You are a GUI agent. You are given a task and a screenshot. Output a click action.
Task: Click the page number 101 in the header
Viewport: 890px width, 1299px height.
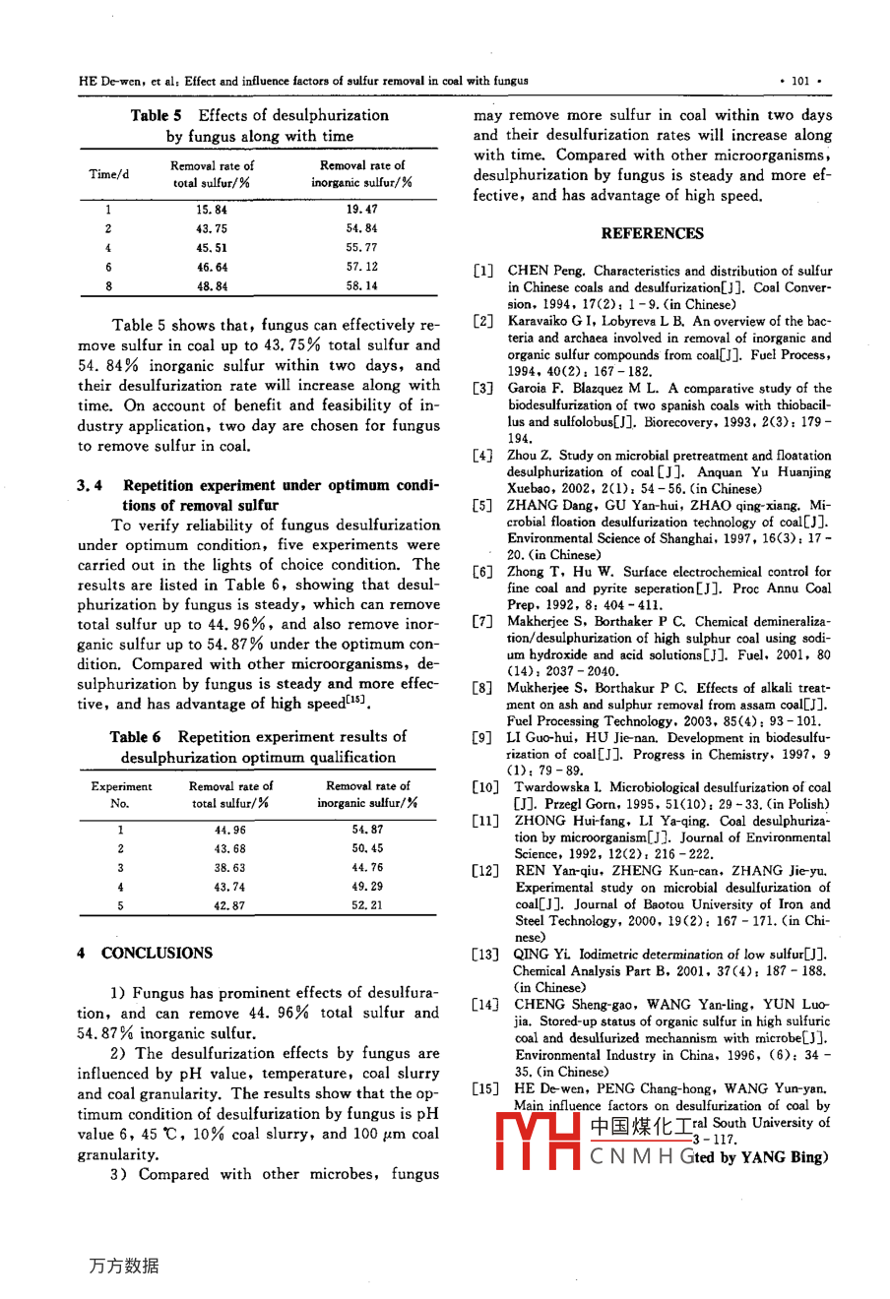point(799,82)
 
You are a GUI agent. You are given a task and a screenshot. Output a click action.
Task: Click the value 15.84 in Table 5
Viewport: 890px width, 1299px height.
point(211,210)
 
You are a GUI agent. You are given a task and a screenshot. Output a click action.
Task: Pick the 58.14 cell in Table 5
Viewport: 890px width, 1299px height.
point(361,286)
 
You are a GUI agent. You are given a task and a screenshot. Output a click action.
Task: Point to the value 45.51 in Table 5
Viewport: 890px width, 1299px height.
point(211,248)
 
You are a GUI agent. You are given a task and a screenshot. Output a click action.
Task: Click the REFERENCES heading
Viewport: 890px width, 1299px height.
point(652,233)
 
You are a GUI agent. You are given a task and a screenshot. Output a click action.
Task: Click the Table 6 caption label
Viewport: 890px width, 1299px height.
point(136,736)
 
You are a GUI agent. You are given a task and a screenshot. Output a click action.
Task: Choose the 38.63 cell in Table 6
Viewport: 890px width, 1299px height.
point(229,868)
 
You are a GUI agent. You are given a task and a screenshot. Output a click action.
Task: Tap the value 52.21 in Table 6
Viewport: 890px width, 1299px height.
point(367,905)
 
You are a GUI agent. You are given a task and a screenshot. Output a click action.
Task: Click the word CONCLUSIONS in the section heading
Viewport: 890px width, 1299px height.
point(157,953)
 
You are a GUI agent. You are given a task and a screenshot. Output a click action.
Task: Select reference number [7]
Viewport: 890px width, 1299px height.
point(482,621)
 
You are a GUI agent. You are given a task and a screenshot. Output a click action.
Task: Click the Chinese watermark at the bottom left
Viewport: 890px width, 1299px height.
point(123,1266)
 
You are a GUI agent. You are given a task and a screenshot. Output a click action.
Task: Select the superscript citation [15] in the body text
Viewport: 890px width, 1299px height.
point(355,700)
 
